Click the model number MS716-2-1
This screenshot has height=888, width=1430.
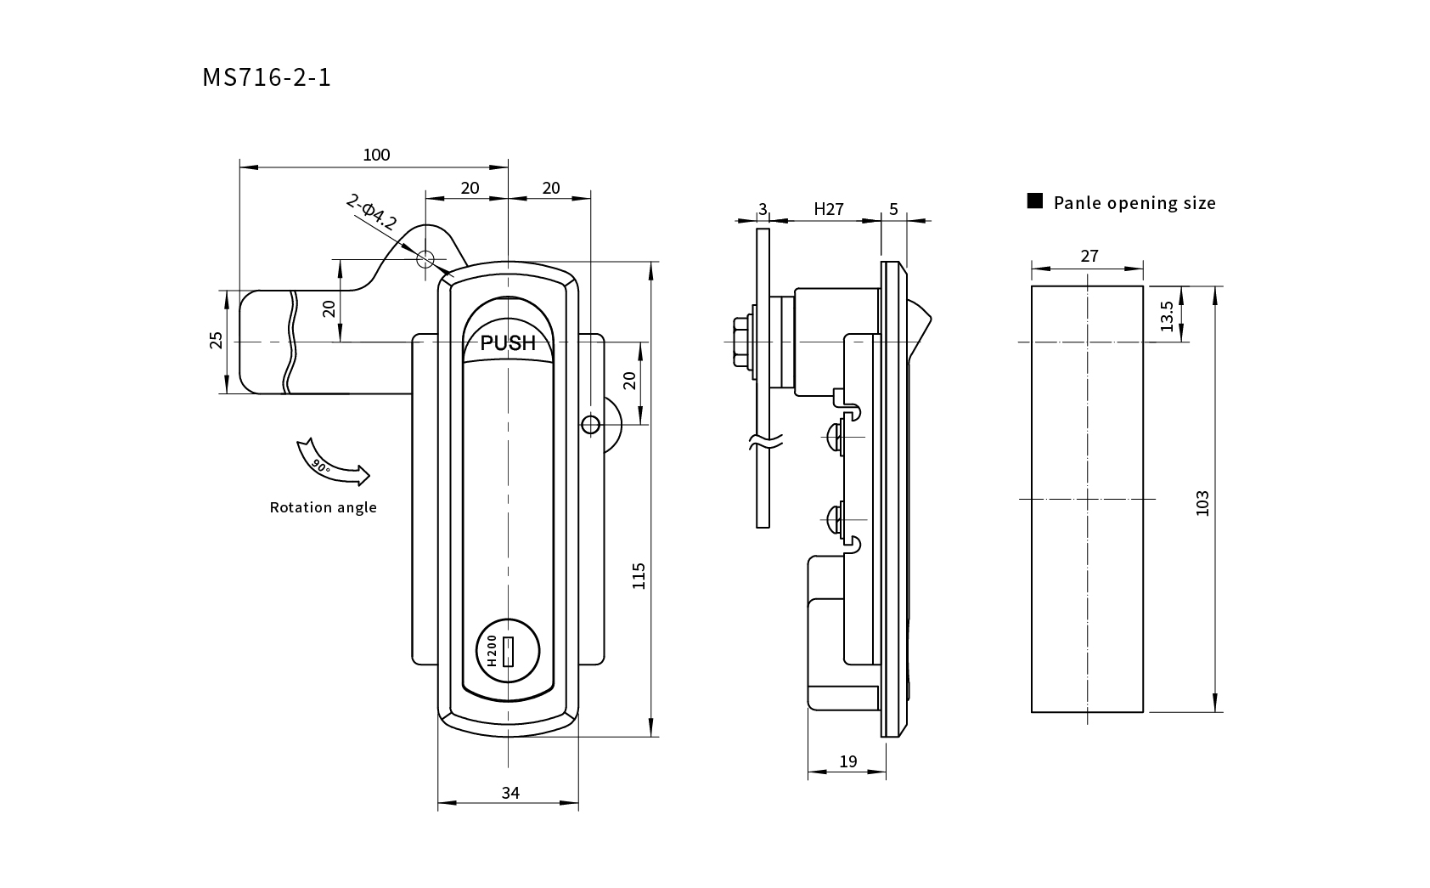pyautogui.click(x=266, y=77)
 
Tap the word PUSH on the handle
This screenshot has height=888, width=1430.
pyautogui.click(x=508, y=343)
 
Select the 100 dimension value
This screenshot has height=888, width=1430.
pyautogui.click(x=376, y=155)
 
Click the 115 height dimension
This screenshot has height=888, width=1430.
pyautogui.click(x=639, y=575)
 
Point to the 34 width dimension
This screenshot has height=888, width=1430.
pyautogui.click(x=510, y=793)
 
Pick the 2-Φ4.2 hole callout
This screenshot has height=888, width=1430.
pyautogui.click(x=371, y=212)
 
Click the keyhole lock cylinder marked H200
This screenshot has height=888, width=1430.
pyautogui.click(x=508, y=651)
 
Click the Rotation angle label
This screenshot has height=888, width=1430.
pyautogui.click(x=323, y=507)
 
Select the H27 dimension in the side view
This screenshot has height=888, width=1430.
pyautogui.click(x=829, y=209)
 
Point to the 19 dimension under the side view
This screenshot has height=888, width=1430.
pyautogui.click(x=847, y=761)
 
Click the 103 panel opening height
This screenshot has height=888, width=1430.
pyautogui.click(x=1202, y=503)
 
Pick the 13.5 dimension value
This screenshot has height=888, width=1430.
pyautogui.click(x=1167, y=316)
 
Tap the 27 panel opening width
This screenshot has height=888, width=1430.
pyautogui.click(x=1089, y=256)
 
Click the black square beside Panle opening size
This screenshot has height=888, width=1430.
pyautogui.click(x=1035, y=201)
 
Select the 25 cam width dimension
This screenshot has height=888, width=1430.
pyautogui.click(x=217, y=340)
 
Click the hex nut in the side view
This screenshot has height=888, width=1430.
pyautogui.click(x=741, y=342)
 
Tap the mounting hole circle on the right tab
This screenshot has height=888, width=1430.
pyautogui.click(x=590, y=425)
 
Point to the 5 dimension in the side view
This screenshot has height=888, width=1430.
pyautogui.click(x=893, y=209)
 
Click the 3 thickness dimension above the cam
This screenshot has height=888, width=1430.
pyautogui.click(x=763, y=209)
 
